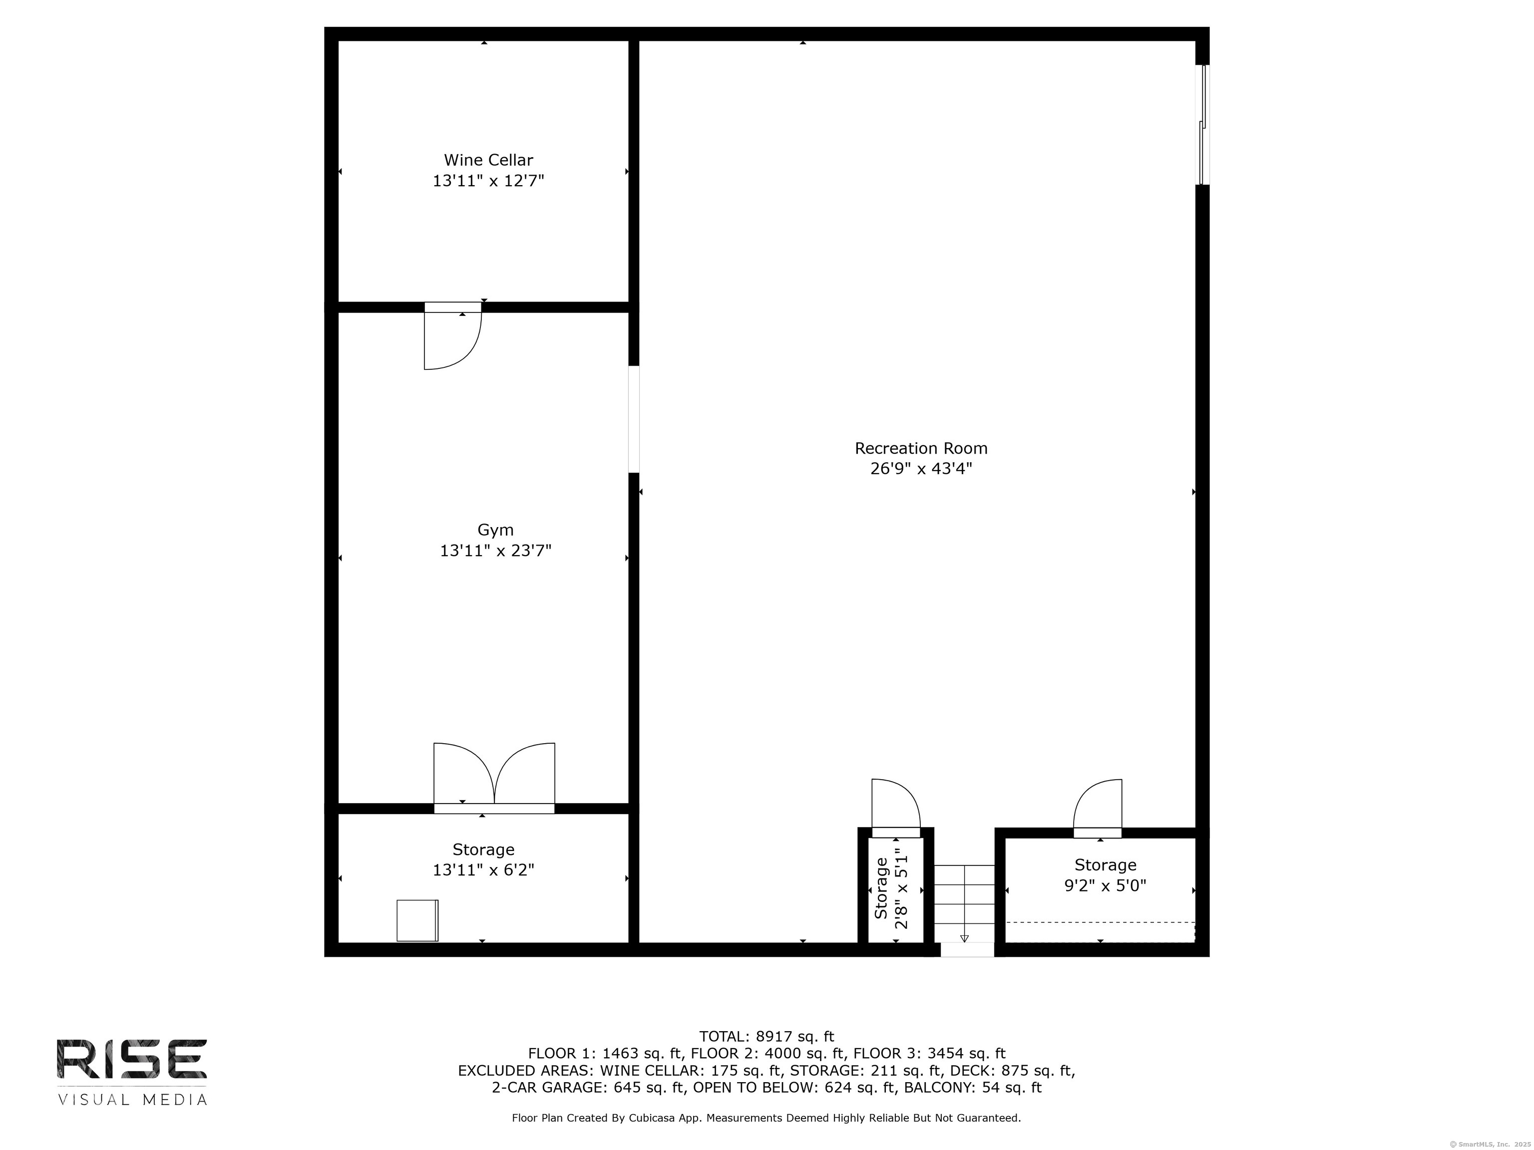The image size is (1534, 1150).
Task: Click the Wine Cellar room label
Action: click(x=488, y=160)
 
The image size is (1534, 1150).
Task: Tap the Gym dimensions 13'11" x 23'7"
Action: click(x=495, y=551)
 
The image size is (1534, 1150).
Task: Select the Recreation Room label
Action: click(x=921, y=449)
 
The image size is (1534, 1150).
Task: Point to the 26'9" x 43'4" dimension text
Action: click(x=921, y=469)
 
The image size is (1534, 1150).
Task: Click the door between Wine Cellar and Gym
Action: click(x=452, y=336)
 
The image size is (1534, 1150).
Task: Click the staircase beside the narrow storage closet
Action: click(x=964, y=903)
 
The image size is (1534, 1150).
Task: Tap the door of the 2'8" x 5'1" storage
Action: click(x=895, y=808)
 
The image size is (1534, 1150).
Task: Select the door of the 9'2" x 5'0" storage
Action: click(x=1097, y=808)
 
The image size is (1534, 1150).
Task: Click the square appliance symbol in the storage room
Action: click(x=417, y=920)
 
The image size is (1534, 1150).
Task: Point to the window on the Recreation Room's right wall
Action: click(x=1204, y=125)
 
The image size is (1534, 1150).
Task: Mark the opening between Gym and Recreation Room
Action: click(x=633, y=419)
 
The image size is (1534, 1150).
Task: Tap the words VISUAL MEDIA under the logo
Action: click(x=132, y=1100)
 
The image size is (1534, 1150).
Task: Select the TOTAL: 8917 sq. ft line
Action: click(x=767, y=1036)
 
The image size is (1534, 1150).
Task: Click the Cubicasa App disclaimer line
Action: click(x=767, y=1118)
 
